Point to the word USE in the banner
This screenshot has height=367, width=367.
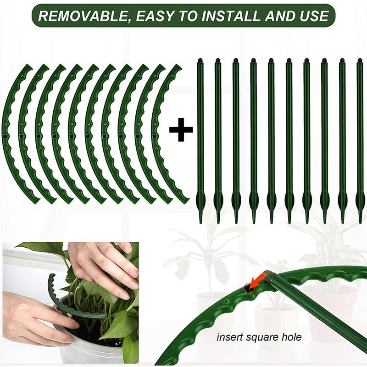tap(312, 16)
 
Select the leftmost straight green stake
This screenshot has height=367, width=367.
tap(200, 138)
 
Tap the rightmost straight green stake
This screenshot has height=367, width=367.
tap(360, 138)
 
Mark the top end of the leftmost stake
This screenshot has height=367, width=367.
tap(200, 61)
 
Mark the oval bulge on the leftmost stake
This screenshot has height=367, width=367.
tap(200, 200)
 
